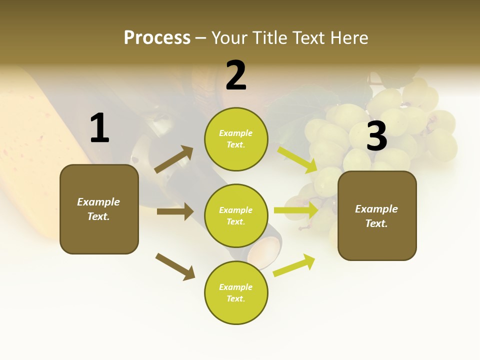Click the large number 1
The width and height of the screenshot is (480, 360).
coord(99,128)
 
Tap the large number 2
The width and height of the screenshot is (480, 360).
coord(236,75)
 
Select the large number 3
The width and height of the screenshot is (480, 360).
coord(376,136)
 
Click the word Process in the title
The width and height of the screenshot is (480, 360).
coord(157,37)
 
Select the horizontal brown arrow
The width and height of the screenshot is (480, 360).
coord(175,211)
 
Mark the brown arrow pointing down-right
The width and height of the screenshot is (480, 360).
coord(175,266)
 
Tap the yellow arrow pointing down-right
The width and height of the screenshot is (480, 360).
coord(297,159)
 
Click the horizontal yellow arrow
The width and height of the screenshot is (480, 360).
coord(296,210)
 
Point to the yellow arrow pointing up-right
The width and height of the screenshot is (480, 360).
coord(294,265)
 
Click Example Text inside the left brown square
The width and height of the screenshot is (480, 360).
coord(98,209)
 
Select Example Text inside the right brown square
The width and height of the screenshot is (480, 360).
coord(376,216)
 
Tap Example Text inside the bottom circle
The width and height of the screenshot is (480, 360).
coord(236,293)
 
